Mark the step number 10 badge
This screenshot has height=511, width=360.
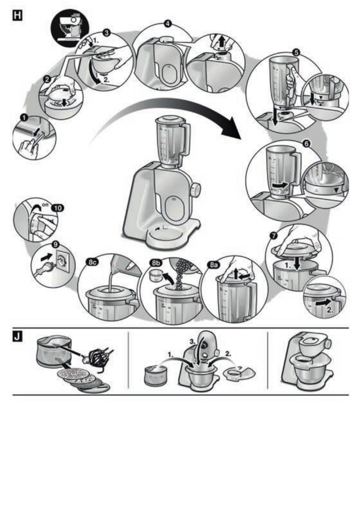click(x=56, y=208)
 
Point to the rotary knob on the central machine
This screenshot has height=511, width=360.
click(x=195, y=189)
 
